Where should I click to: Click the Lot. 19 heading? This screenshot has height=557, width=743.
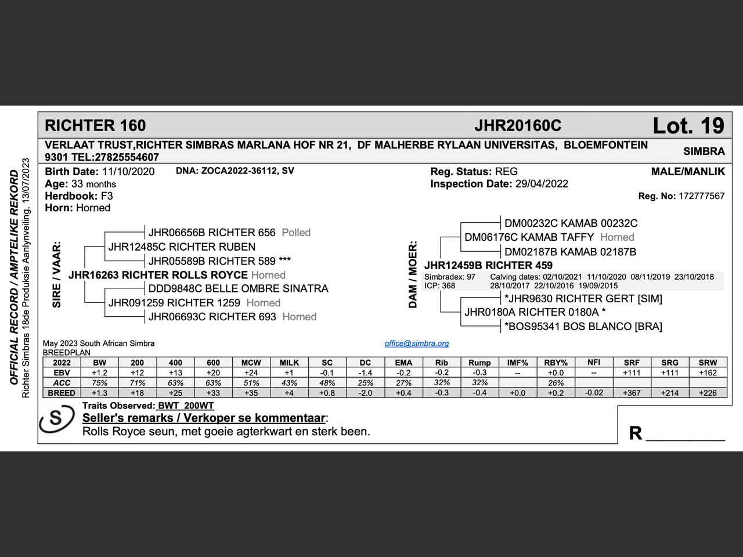[688, 126]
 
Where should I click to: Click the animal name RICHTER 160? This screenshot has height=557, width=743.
[95, 126]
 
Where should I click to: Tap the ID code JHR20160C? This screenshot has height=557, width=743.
[518, 126]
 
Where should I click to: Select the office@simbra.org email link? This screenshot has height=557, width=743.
[416, 343]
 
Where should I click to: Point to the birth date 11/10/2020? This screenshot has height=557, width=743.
[128, 172]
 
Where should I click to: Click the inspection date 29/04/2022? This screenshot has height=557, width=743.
[542, 184]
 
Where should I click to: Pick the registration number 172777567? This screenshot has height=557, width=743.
[701, 196]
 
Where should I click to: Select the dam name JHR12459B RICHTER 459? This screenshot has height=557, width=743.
[488, 266]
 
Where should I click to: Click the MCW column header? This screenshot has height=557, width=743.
[251, 363]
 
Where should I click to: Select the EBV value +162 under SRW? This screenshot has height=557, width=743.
[708, 373]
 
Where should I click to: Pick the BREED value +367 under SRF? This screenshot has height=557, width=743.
[632, 393]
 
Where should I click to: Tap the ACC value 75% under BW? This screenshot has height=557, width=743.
[99, 383]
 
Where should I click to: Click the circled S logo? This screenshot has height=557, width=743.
[56, 418]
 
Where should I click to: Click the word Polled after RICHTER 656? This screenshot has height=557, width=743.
[296, 233]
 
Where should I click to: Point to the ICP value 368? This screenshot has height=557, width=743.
[448, 285]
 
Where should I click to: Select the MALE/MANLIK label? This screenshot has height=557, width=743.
[688, 172]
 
